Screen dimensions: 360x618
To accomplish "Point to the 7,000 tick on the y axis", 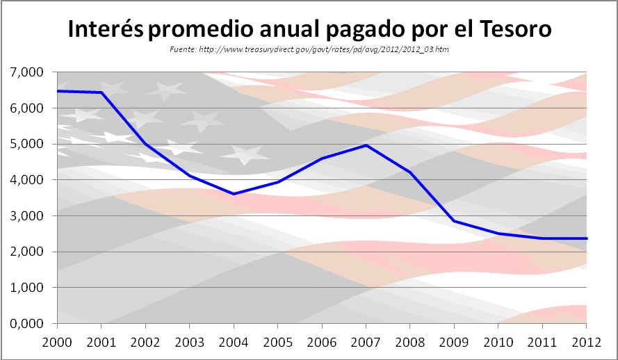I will [x=26, y=72].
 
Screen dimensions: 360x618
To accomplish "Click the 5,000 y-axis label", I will [x=26, y=144].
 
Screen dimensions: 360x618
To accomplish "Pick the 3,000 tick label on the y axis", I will [x=26, y=216].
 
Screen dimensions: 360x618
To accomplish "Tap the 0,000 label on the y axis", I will [x=26, y=324].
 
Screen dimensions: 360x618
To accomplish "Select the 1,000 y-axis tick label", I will [x=26, y=288].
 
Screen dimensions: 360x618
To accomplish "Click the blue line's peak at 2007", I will [x=366, y=145].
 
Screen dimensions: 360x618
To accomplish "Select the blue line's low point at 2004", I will [x=234, y=194].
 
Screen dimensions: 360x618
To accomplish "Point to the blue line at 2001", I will [x=101, y=92].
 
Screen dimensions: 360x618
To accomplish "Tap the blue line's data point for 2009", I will [x=453, y=221].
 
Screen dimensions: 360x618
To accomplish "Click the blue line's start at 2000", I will [x=58, y=91].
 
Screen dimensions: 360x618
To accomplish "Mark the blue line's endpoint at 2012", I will [x=585, y=238].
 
